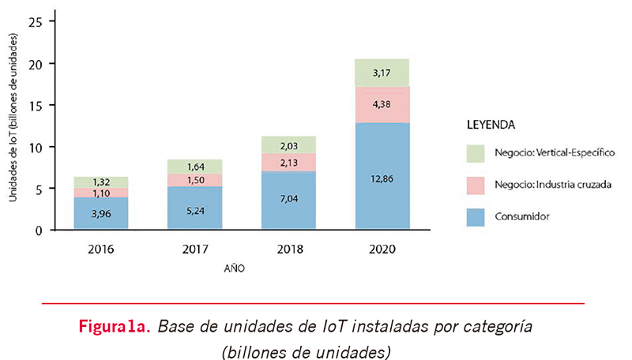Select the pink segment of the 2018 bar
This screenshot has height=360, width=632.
tap(288, 162)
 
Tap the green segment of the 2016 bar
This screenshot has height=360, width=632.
tap(101, 182)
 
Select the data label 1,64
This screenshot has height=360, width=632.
tap(195, 167)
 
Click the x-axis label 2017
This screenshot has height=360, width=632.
tap(195, 249)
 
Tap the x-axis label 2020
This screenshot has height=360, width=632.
tap(382, 249)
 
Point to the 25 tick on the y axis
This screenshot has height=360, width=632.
tap(35, 21)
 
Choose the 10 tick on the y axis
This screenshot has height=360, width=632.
tap(35, 147)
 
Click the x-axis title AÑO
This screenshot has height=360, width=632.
tap(234, 268)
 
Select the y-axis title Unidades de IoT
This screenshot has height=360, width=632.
tap(13, 118)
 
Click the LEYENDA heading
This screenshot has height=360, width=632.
tap(491, 125)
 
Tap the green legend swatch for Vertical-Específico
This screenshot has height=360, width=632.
tap(476, 152)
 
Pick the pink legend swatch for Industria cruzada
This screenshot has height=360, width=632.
tap(476, 185)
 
